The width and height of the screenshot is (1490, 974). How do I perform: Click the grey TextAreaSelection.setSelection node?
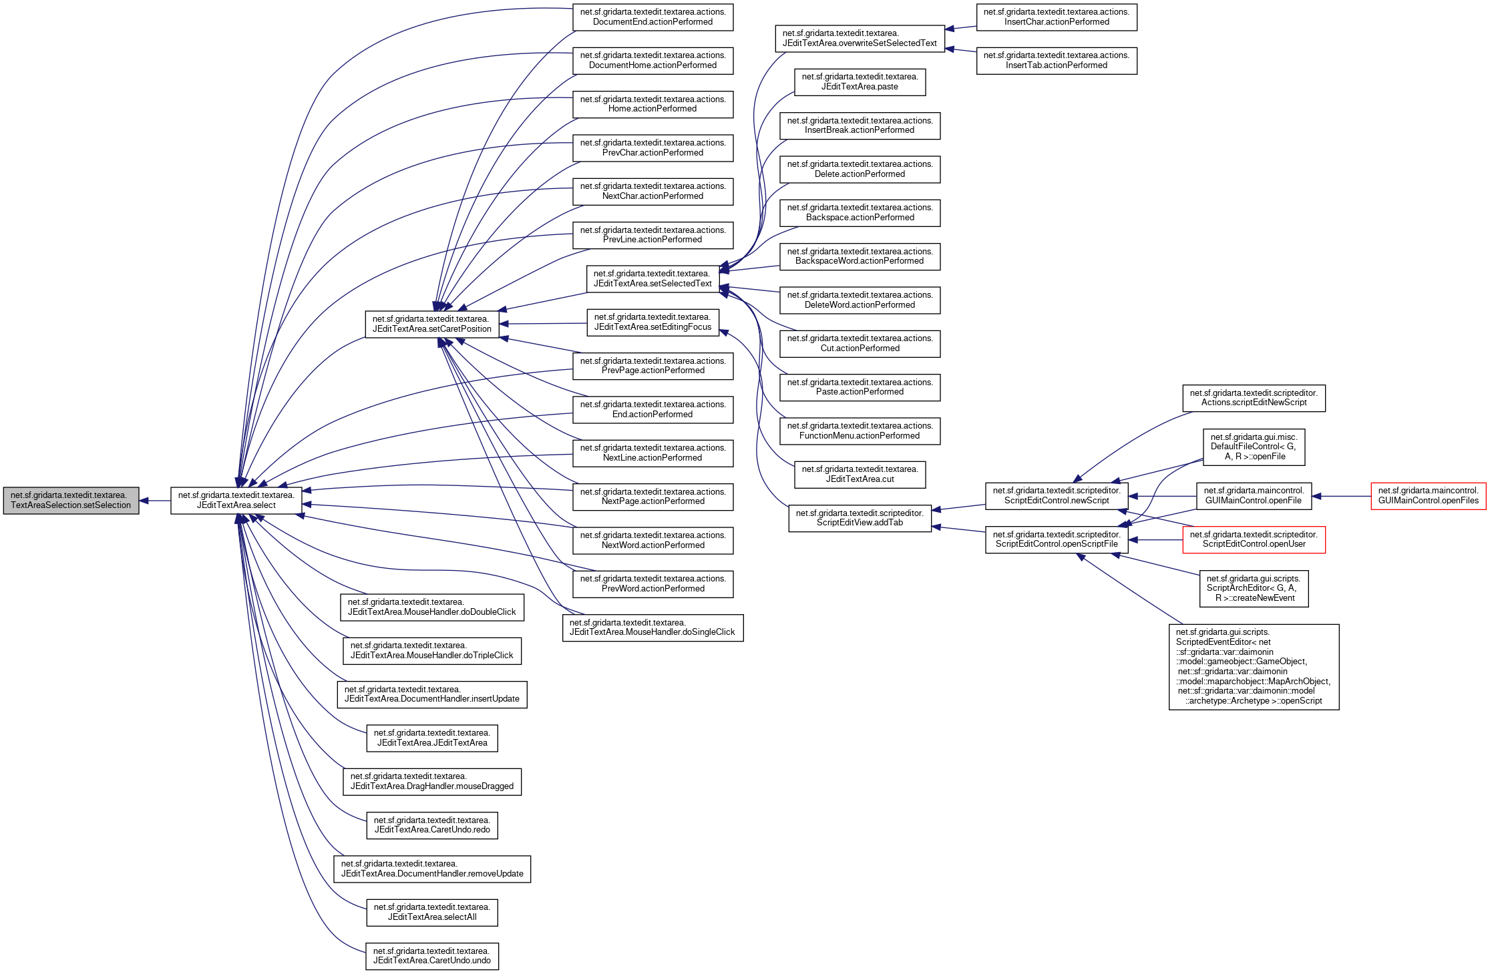point(71,500)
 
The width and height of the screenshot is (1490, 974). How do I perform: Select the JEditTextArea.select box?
point(236,500)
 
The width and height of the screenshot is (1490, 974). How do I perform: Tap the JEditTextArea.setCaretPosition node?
point(431,324)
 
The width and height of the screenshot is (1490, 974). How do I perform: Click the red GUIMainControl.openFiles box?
point(1428,496)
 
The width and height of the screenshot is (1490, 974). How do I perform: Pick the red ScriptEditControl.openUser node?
point(1254,539)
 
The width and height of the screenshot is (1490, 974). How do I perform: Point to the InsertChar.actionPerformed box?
point(1056,17)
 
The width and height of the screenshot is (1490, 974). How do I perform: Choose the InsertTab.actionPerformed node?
point(1056,60)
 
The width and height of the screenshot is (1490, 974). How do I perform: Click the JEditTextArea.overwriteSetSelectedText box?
point(860,38)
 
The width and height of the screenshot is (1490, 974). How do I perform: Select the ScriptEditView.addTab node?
point(860,518)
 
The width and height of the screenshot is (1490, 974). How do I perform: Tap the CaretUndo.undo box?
point(431,956)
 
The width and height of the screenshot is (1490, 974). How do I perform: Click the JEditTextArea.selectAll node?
point(431,912)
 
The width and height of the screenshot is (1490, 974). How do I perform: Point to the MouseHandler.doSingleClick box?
point(653,628)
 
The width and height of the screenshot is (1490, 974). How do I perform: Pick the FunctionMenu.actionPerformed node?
point(860,431)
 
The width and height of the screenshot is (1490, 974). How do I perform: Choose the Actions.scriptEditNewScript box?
point(1254,398)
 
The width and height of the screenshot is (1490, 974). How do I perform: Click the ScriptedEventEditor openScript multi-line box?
point(1254,666)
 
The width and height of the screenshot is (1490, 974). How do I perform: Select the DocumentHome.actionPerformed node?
point(653,60)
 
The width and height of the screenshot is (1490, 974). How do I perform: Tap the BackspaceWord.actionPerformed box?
point(860,256)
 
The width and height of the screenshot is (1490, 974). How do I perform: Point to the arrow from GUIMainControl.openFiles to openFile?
point(1341,496)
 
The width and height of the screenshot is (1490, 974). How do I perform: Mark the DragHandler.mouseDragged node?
point(431,781)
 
